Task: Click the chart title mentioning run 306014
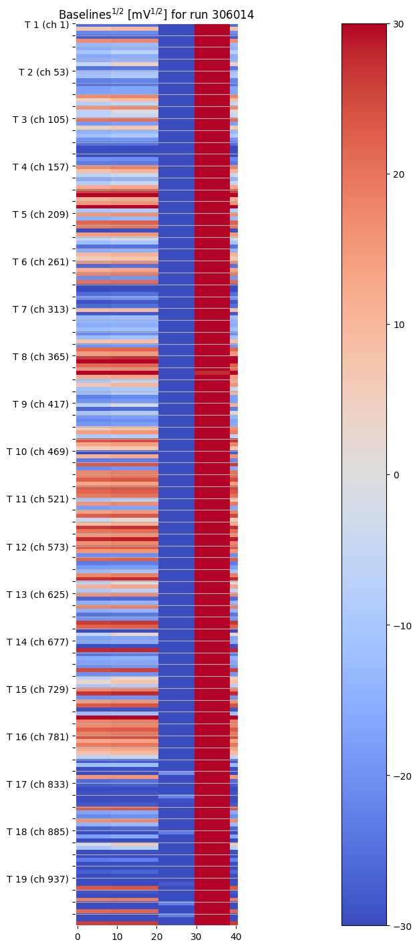point(156,15)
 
